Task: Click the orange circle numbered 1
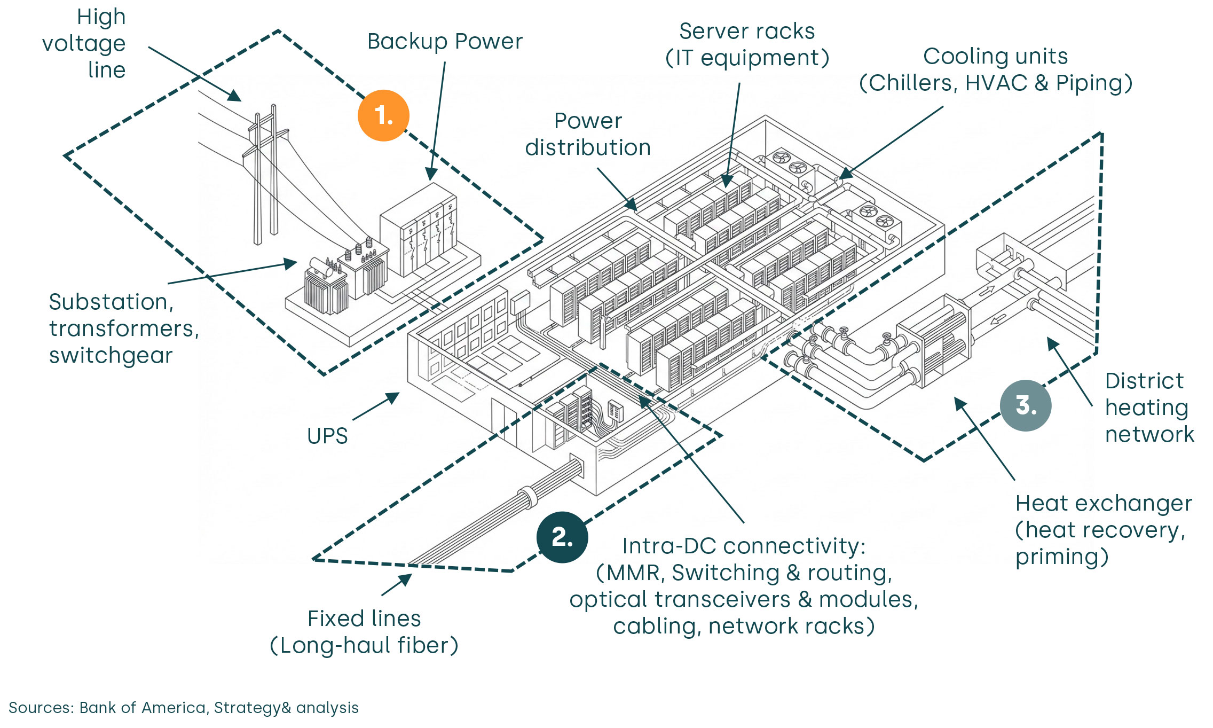coord(383,115)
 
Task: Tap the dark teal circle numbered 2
coord(562,537)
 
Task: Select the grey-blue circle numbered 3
coord(1025,405)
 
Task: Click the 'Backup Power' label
coord(445,42)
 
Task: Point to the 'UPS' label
coord(327,436)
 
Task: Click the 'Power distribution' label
coord(588,134)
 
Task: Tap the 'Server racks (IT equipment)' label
coord(747,44)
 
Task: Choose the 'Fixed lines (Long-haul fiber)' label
coord(364,632)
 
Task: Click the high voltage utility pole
coord(265,176)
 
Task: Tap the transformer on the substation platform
coord(347,278)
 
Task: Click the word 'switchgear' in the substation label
coord(111,356)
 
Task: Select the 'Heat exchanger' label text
coord(1103,504)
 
